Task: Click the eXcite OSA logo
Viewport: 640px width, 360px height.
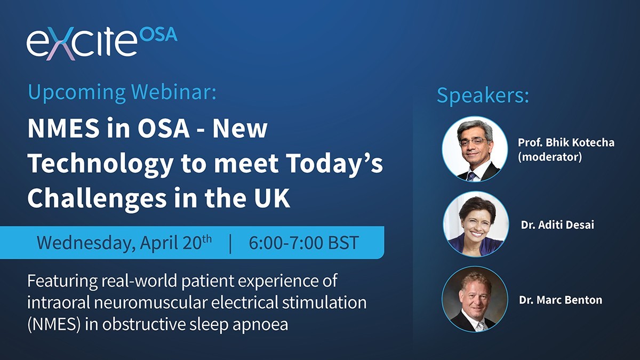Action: (101, 43)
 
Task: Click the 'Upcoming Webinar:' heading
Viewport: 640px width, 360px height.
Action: (122, 92)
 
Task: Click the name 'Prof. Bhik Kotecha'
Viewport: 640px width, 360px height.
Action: (565, 143)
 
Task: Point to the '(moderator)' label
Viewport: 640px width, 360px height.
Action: (549, 158)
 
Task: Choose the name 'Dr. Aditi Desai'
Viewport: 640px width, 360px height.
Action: (557, 225)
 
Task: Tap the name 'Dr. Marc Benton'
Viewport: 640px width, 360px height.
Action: (561, 300)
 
